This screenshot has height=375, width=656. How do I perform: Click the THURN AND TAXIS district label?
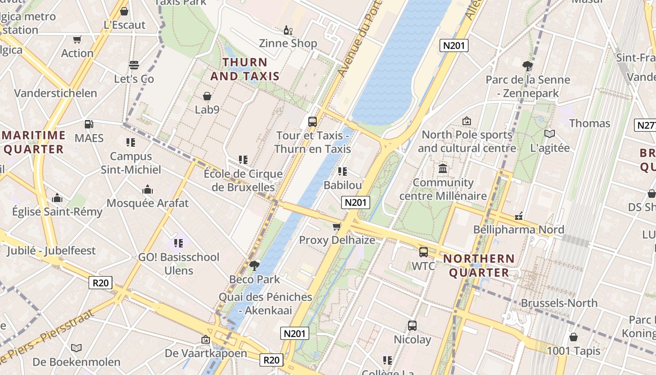tap(245, 69)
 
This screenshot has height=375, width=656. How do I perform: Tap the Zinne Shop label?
tap(288, 43)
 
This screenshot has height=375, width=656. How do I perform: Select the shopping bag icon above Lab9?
tap(207, 96)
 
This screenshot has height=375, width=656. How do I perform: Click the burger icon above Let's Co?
tap(134, 65)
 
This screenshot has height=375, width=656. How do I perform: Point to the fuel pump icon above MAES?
tap(89, 124)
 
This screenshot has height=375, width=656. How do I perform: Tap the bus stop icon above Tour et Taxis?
tap(313, 121)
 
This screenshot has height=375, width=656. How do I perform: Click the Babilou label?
tap(343, 185)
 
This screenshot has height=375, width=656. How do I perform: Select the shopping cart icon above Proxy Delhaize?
tap(336, 227)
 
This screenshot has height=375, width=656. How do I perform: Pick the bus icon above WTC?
tap(423, 252)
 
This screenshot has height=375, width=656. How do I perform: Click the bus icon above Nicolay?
tap(412, 325)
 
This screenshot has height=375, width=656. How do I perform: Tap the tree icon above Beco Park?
tap(254, 266)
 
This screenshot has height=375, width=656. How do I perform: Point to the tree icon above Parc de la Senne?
tap(528, 66)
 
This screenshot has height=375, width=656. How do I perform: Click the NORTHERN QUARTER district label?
tap(479, 265)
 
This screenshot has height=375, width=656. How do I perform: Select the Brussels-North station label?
tap(559, 303)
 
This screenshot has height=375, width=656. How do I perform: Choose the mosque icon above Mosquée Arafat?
tap(148, 189)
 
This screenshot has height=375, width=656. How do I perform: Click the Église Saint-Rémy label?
tap(57, 211)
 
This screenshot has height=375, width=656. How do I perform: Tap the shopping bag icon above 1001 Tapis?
tap(573, 337)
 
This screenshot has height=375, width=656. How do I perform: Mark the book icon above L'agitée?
tap(550, 134)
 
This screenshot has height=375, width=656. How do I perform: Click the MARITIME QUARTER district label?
tap(34, 142)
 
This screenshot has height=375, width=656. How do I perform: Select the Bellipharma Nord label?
tap(518, 229)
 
